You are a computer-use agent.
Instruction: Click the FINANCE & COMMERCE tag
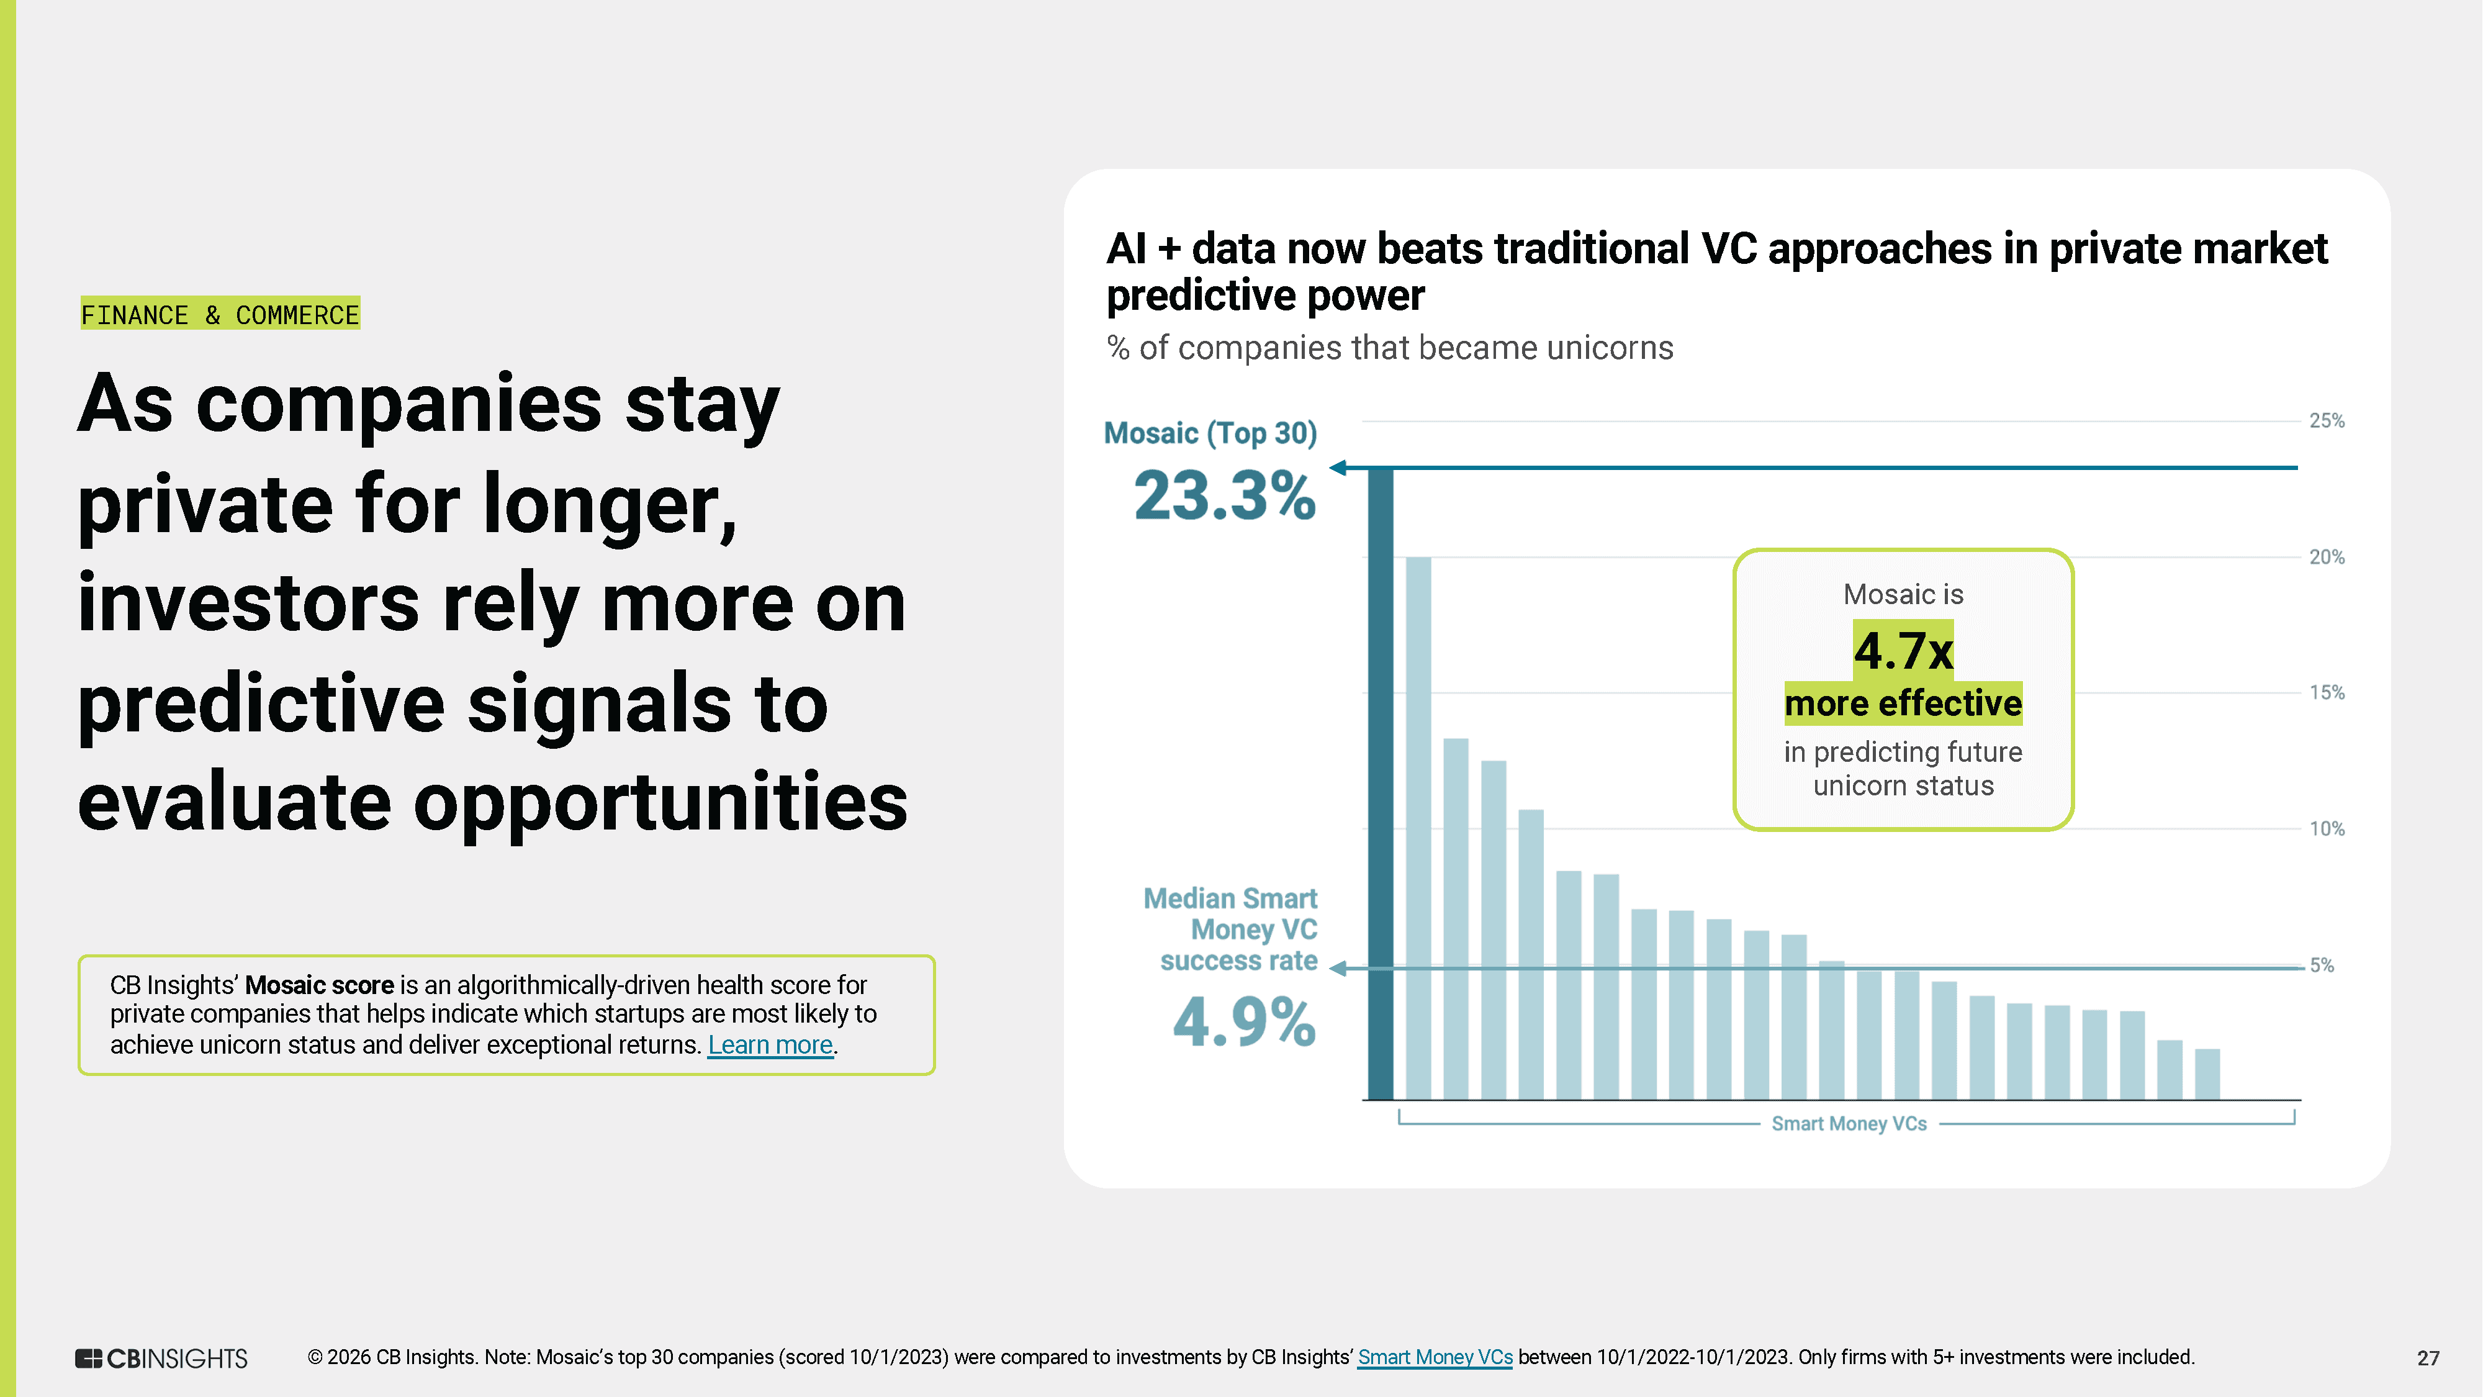coord(220,314)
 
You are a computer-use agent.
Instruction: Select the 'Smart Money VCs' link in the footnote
coord(1435,1357)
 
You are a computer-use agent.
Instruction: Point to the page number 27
coord(2427,1359)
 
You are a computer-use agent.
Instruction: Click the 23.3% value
coord(1224,497)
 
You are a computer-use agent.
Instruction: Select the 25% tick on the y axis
coord(2326,422)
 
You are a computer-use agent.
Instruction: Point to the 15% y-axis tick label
coord(2326,693)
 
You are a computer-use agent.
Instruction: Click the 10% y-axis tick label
coord(2326,829)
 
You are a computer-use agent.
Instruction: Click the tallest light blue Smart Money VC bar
coord(1418,829)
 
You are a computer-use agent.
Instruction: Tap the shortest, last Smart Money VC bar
coord(2207,1074)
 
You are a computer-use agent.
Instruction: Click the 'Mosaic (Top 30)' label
coord(1210,434)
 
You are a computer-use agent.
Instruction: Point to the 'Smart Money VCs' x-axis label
coord(1848,1124)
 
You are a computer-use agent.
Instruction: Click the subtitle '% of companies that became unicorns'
coord(1389,348)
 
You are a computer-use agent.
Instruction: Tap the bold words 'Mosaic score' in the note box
coord(319,985)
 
